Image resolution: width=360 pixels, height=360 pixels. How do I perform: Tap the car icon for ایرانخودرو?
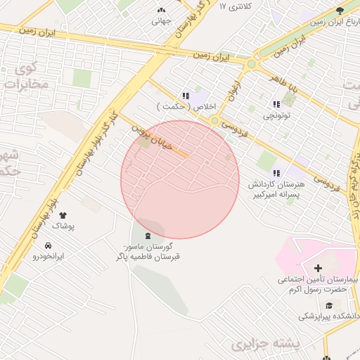pos(48,245)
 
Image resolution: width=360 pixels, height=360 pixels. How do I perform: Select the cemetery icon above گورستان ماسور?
pos(147,236)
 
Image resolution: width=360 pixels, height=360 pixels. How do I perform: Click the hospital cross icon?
pos(318,268)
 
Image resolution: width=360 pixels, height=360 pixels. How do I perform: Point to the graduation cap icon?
pos(330,303)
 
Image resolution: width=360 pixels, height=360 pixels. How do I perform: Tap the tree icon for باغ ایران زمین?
pos(340,10)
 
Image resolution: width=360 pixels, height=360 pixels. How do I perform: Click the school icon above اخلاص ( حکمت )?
pos(186,96)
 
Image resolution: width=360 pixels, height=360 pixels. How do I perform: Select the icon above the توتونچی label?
pos(276,104)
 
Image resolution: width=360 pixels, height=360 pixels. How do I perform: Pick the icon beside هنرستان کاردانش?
pos(276,172)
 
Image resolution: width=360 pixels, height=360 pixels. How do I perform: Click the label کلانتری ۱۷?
pos(234,6)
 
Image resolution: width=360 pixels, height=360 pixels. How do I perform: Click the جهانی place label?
pos(161,20)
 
